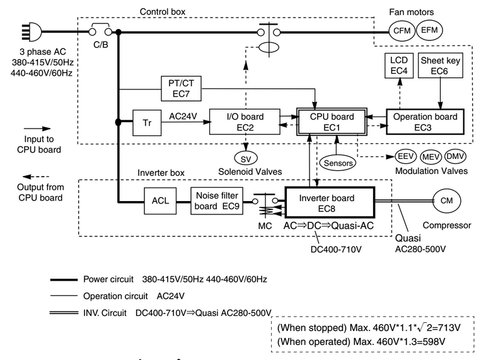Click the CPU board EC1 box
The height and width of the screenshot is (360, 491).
point(333,122)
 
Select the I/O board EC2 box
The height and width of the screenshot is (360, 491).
point(245,122)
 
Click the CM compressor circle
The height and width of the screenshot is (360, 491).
point(446,201)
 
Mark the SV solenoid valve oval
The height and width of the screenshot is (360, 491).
point(245,157)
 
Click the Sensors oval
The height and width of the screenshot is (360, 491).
point(337,163)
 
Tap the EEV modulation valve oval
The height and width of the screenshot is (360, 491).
point(405,156)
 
